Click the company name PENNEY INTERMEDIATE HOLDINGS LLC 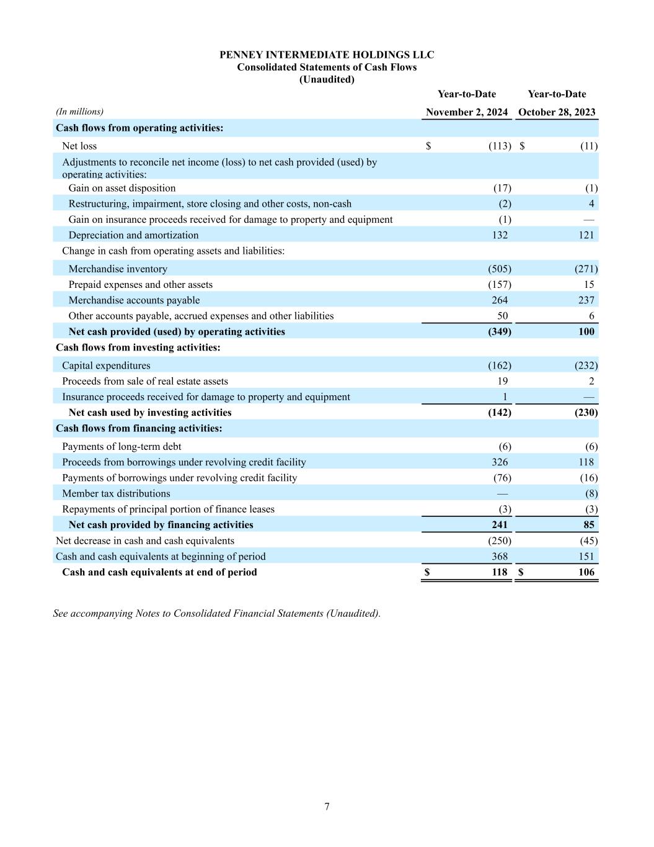click(x=327, y=55)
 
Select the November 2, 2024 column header click(x=467, y=112)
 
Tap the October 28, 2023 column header click(x=557, y=112)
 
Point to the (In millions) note click(x=79, y=112)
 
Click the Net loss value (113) click(x=499, y=146)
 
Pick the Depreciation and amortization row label click(x=133, y=235)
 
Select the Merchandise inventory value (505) click(x=499, y=269)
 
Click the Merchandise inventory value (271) click(x=586, y=269)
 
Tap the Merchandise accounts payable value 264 click(x=499, y=300)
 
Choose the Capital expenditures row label click(x=106, y=366)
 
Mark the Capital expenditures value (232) click(x=586, y=366)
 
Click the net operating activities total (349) click(x=499, y=332)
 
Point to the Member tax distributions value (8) click(x=591, y=494)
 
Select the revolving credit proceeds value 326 click(x=499, y=462)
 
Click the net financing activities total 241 click(x=499, y=525)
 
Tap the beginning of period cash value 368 click(x=499, y=557)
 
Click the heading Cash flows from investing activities click(x=138, y=347)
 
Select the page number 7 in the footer click(x=327, y=807)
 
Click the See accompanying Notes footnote click(x=216, y=614)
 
